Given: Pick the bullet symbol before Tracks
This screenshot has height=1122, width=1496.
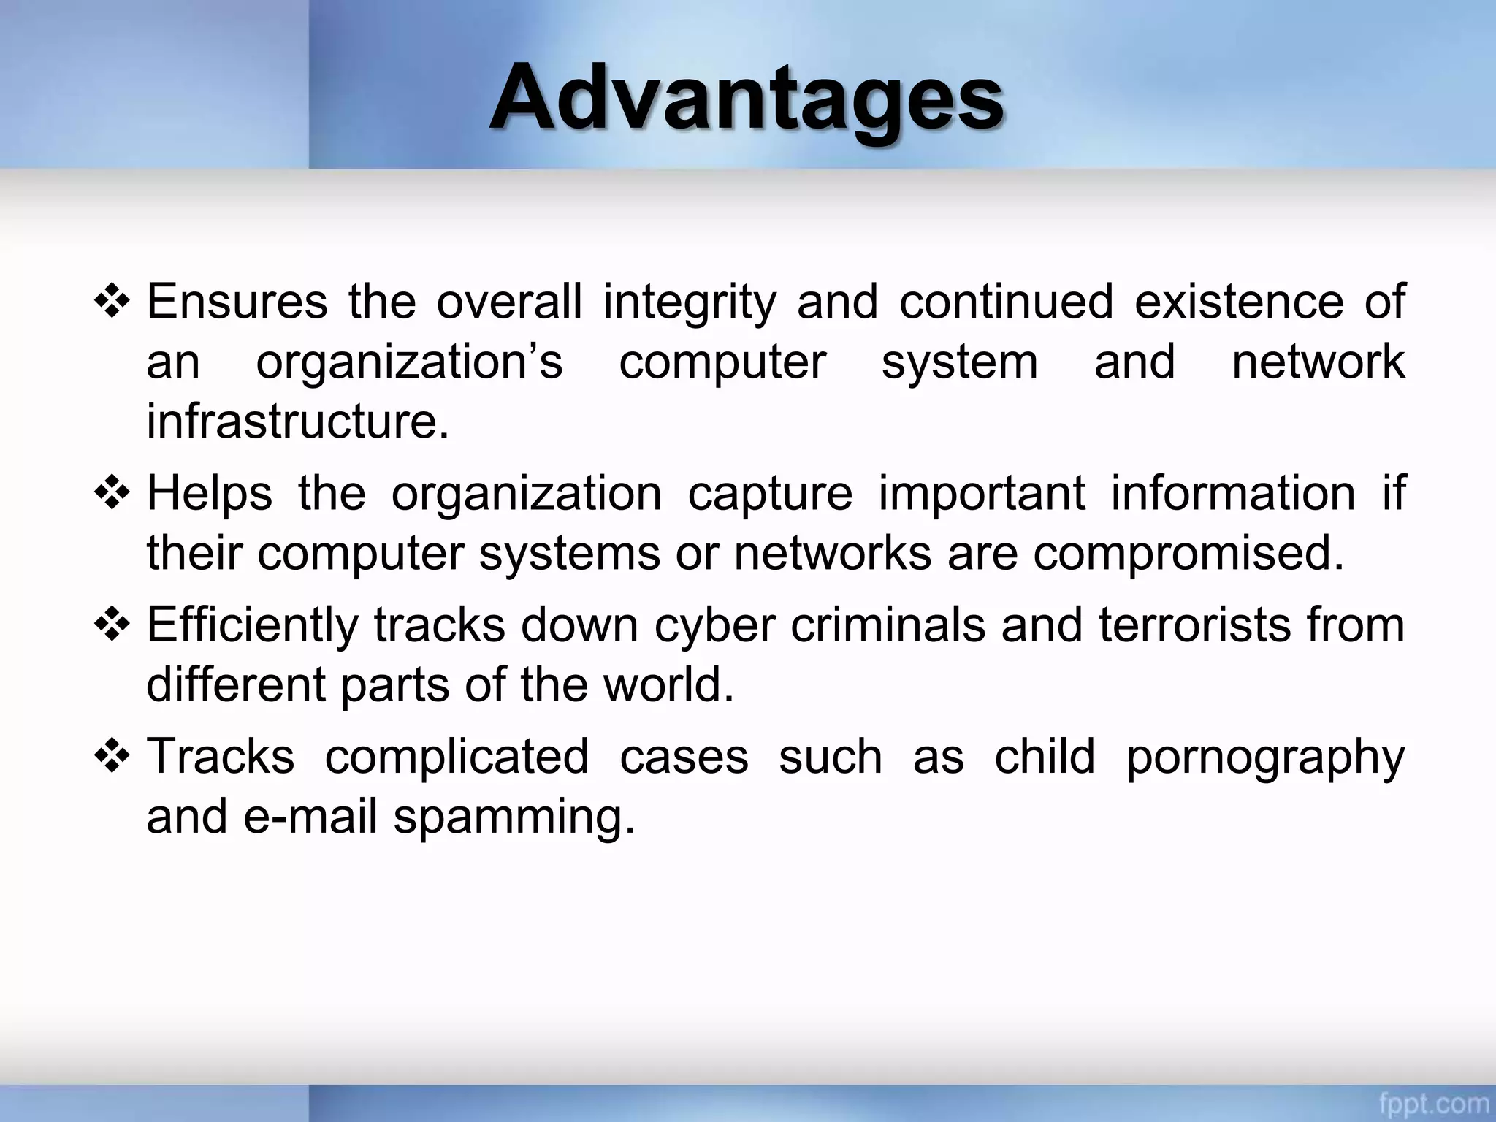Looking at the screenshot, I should click(112, 757).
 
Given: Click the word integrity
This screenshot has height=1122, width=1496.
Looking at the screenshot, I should click(690, 302).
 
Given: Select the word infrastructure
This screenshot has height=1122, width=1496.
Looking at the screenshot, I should click(297, 421).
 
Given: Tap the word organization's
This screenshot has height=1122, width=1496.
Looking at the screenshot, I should click(409, 362).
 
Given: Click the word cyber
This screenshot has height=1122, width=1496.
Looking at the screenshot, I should click(714, 626).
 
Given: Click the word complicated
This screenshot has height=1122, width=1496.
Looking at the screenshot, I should click(457, 757).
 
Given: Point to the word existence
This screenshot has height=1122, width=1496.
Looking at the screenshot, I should click(1238, 302).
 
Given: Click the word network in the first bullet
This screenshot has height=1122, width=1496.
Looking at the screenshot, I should click(1318, 362).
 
